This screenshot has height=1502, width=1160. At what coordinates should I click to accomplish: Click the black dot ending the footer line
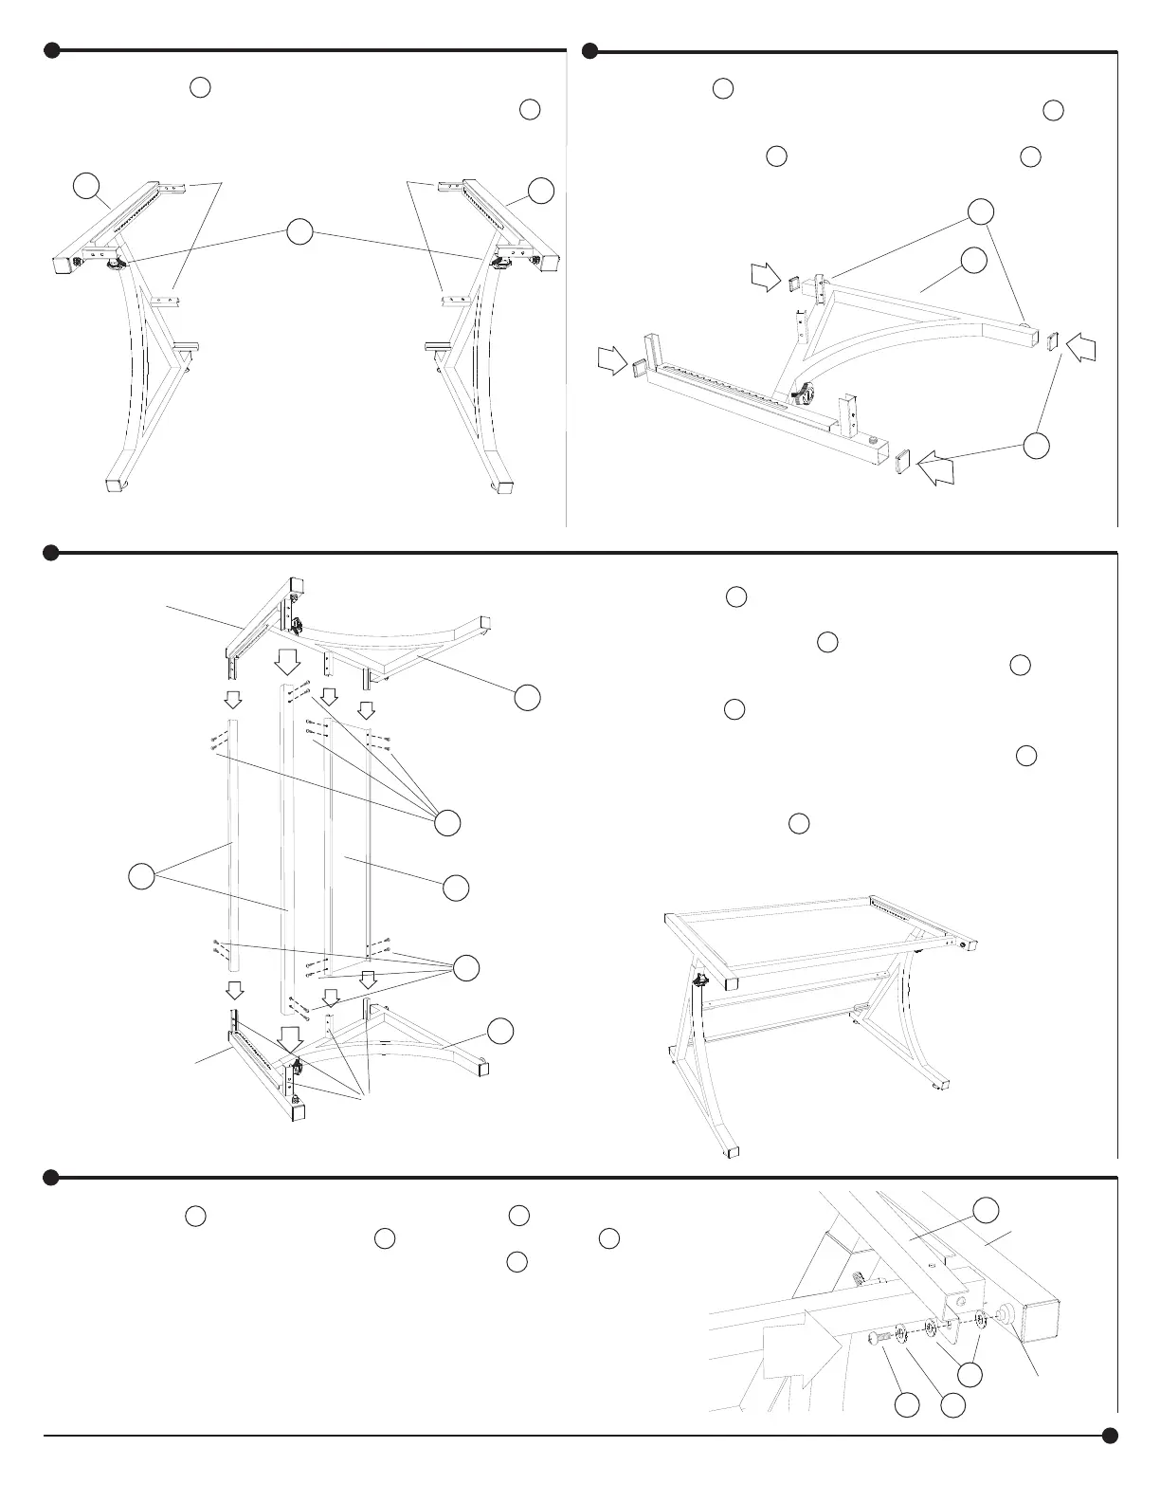1110,1436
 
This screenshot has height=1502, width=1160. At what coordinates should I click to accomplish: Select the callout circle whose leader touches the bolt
907,1405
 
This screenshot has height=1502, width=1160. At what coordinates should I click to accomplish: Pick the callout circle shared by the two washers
968,1374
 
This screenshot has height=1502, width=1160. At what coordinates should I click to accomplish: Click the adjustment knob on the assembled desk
702,980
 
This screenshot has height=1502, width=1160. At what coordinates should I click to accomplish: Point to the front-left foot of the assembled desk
728,1151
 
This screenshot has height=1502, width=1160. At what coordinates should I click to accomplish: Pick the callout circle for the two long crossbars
141,877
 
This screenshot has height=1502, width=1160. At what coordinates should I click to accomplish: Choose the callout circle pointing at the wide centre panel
456,888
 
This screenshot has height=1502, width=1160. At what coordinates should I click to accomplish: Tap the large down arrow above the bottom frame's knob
291,1035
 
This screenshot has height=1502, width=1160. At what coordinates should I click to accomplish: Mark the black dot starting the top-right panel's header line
589,50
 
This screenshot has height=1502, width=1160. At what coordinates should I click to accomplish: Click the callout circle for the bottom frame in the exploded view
501,1032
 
